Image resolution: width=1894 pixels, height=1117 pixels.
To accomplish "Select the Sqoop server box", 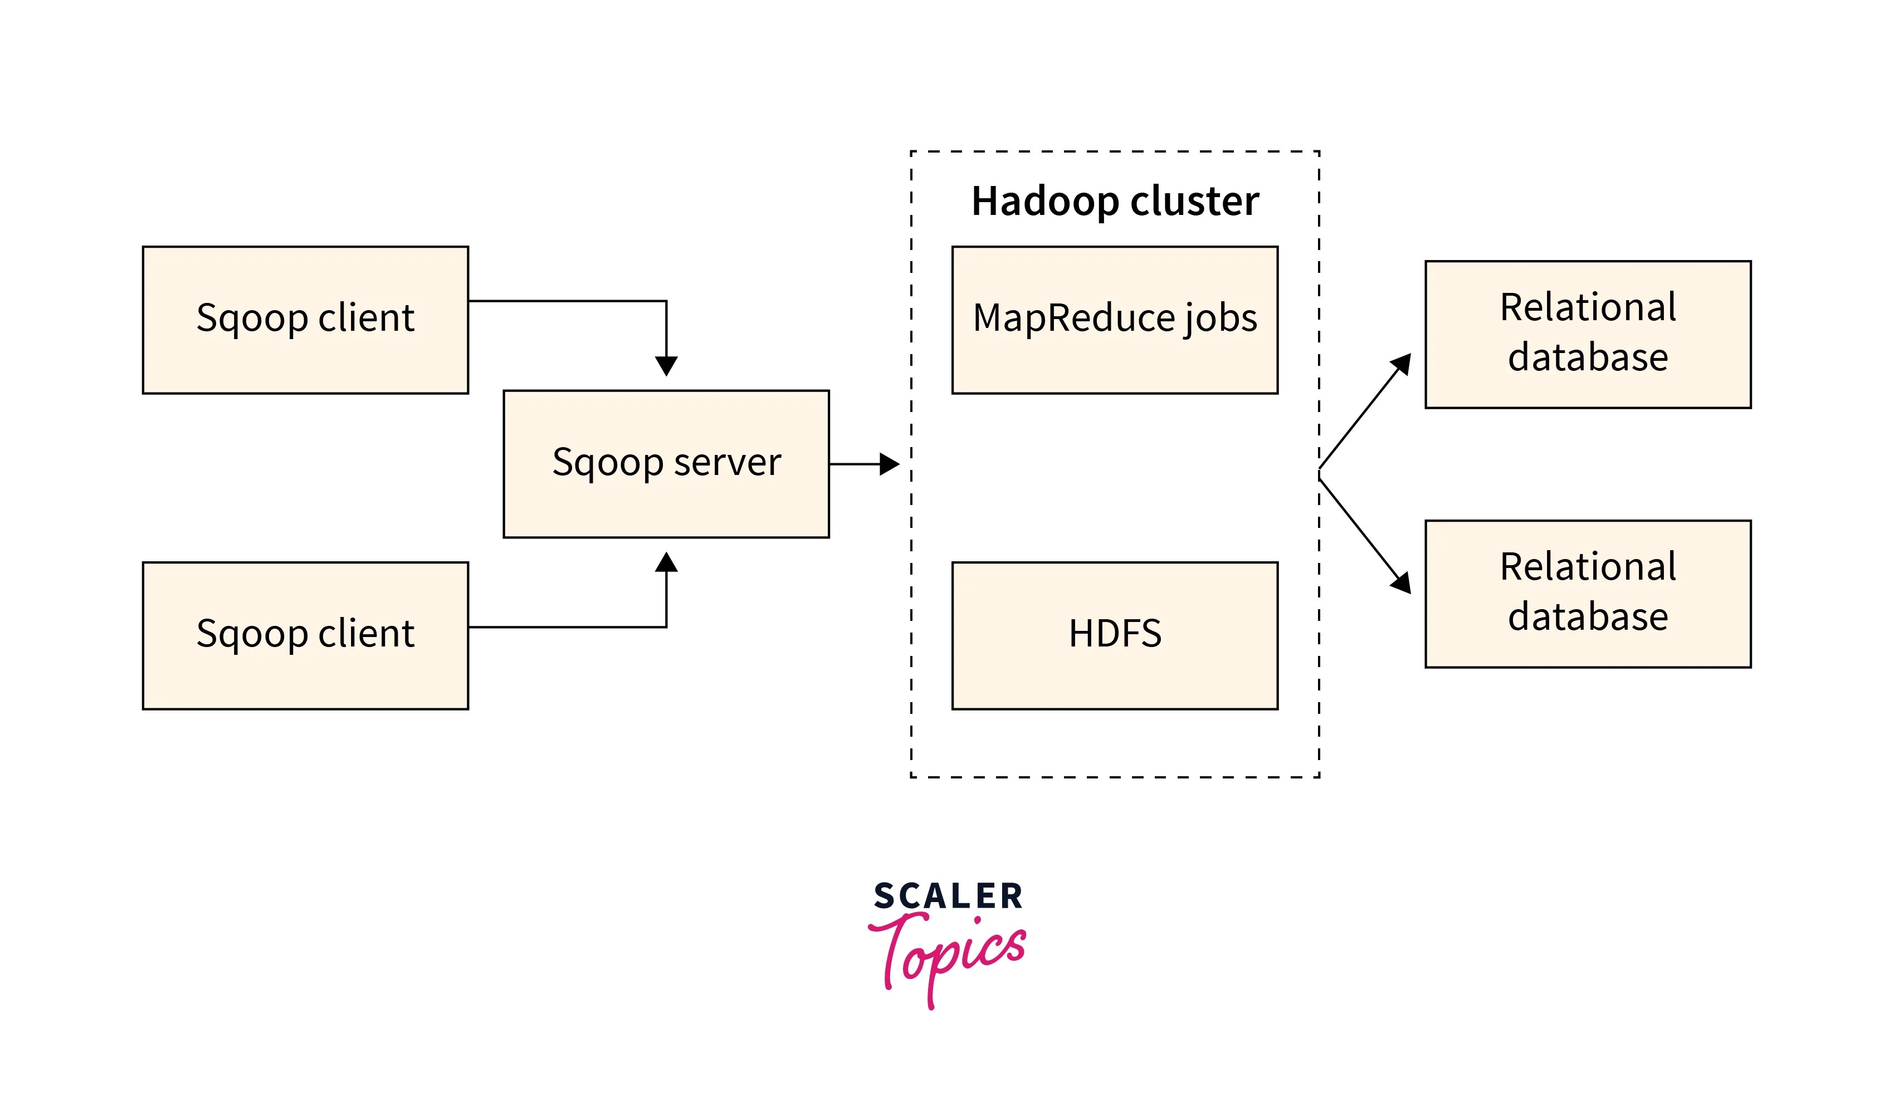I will click(x=666, y=464).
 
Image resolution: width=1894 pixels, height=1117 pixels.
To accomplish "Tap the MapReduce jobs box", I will click(x=1114, y=320).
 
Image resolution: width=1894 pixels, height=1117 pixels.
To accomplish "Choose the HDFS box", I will click(x=1114, y=635).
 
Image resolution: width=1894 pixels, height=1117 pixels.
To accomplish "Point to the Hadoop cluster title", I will click(x=1114, y=201).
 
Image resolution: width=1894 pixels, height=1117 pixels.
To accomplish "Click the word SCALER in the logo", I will click(x=948, y=896).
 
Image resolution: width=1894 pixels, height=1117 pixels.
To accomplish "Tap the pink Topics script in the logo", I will click(x=948, y=952).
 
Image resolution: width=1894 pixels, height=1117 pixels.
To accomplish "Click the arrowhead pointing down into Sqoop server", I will click(x=666, y=366).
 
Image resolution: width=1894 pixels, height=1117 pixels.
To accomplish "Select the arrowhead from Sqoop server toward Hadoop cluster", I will click(x=889, y=464).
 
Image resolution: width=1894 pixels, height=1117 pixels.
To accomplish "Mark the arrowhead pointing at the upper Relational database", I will click(x=1401, y=364).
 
